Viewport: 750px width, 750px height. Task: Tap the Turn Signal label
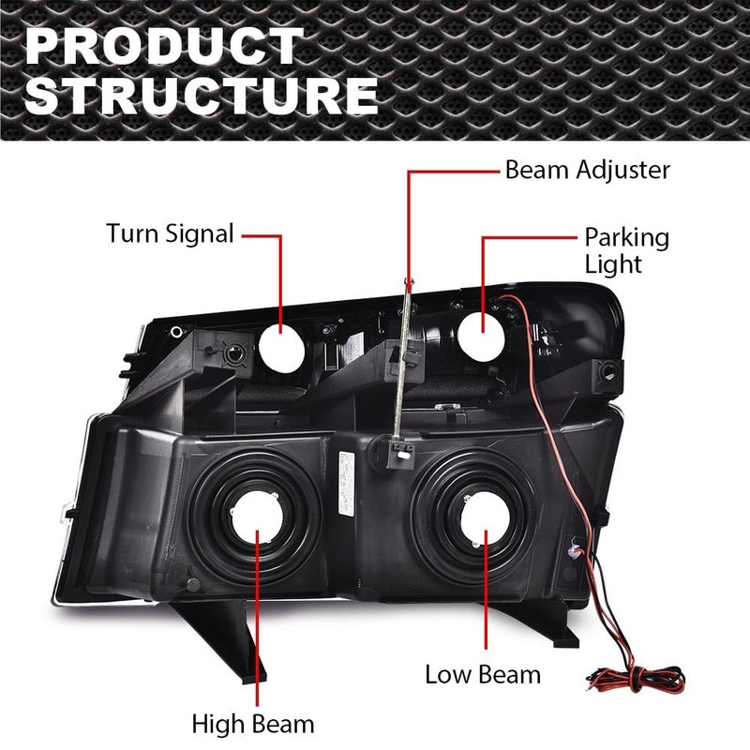pyautogui.click(x=170, y=233)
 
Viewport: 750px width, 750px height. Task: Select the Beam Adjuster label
pyautogui.click(x=588, y=170)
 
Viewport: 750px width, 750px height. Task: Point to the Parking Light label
pyautogui.click(x=627, y=250)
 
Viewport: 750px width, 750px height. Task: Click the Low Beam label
pyautogui.click(x=483, y=673)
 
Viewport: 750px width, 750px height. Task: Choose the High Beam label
pyautogui.click(x=253, y=724)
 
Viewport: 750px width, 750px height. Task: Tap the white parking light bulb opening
pyautogui.click(x=484, y=332)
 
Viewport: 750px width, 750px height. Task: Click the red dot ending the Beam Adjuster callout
pyautogui.click(x=410, y=280)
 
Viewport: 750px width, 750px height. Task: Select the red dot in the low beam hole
pyautogui.click(x=485, y=535)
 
